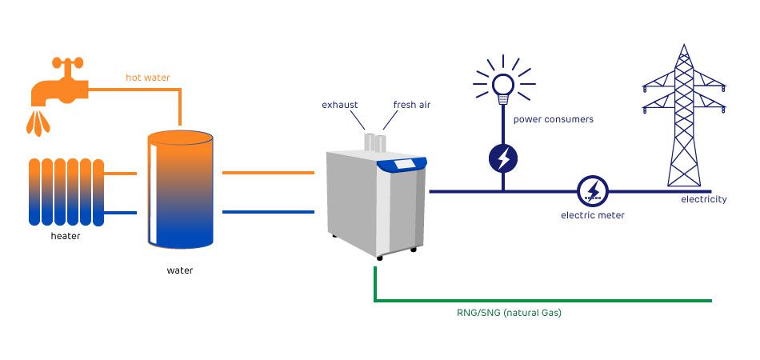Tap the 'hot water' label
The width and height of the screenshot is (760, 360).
(x=148, y=78)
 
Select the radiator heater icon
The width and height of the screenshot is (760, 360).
(x=66, y=192)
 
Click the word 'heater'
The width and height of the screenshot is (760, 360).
(x=66, y=236)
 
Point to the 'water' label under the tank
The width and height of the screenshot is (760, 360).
(x=180, y=270)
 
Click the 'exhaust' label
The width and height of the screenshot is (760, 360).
(x=339, y=105)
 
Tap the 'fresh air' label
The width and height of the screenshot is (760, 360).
(x=411, y=105)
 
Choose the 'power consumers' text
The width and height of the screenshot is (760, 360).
(x=553, y=120)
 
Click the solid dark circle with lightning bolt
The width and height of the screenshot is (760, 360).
(x=503, y=158)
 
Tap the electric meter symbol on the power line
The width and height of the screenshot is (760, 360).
(x=593, y=190)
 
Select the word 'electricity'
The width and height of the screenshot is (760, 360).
(x=703, y=199)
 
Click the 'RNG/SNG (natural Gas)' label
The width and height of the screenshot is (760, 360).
(x=503, y=313)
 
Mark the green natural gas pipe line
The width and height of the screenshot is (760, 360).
(x=544, y=302)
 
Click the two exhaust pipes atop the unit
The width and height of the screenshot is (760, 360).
(x=374, y=142)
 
